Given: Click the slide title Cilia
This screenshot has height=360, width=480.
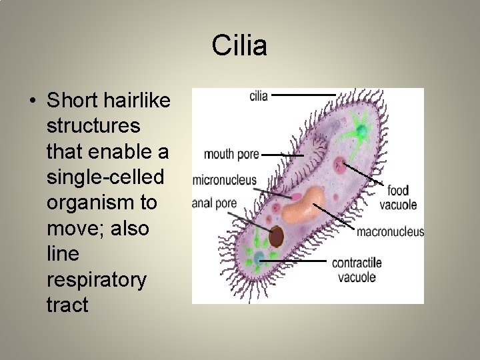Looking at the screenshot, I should point(239,46).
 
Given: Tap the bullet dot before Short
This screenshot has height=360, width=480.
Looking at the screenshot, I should point(32,101).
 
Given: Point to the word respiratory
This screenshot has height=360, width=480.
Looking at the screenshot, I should point(97,279).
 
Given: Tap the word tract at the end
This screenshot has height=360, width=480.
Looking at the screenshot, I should point(67,305).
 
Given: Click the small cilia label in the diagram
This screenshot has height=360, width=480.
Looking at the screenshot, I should point(258,96).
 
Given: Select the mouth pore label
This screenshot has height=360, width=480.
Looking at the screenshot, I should point(231,155).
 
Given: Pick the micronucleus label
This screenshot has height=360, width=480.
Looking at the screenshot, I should point(225,180).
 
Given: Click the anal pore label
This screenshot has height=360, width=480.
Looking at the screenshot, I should point(214,203).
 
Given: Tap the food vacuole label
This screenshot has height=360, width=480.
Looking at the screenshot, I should point(398,198).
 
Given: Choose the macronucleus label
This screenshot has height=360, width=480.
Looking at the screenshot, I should point(390,232).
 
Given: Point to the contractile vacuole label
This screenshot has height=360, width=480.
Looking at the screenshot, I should point(357,269).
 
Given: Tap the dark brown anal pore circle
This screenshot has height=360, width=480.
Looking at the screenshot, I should point(276,235).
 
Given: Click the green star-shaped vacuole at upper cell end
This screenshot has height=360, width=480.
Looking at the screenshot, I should point(361,130).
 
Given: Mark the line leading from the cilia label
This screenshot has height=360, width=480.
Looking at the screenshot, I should point(303,95).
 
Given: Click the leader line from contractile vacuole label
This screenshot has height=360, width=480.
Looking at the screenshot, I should point(293,261).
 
